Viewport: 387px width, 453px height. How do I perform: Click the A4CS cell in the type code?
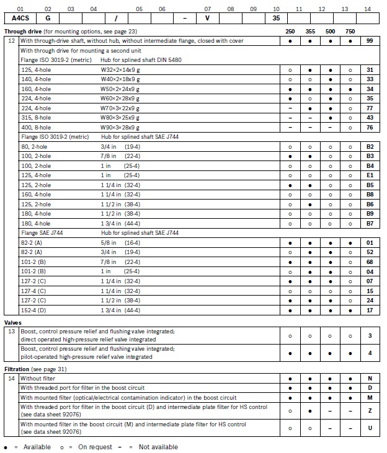[20, 19]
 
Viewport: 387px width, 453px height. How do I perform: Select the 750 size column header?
[351, 31]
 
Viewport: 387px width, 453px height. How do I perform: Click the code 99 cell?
[370, 40]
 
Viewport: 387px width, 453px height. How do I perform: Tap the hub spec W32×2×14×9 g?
[120, 71]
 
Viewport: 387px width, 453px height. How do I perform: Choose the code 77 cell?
[370, 108]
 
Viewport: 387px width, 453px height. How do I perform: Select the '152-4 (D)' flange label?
[32, 310]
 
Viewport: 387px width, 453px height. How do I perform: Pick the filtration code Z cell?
[370, 410]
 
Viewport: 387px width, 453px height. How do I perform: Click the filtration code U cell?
[370, 428]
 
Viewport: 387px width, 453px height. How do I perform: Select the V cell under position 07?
[207, 19]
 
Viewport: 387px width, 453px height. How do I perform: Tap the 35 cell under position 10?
[276, 19]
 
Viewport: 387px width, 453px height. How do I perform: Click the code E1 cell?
[370, 175]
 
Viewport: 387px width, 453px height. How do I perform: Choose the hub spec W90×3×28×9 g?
[120, 127]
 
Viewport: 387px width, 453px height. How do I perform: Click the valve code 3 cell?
[370, 335]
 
